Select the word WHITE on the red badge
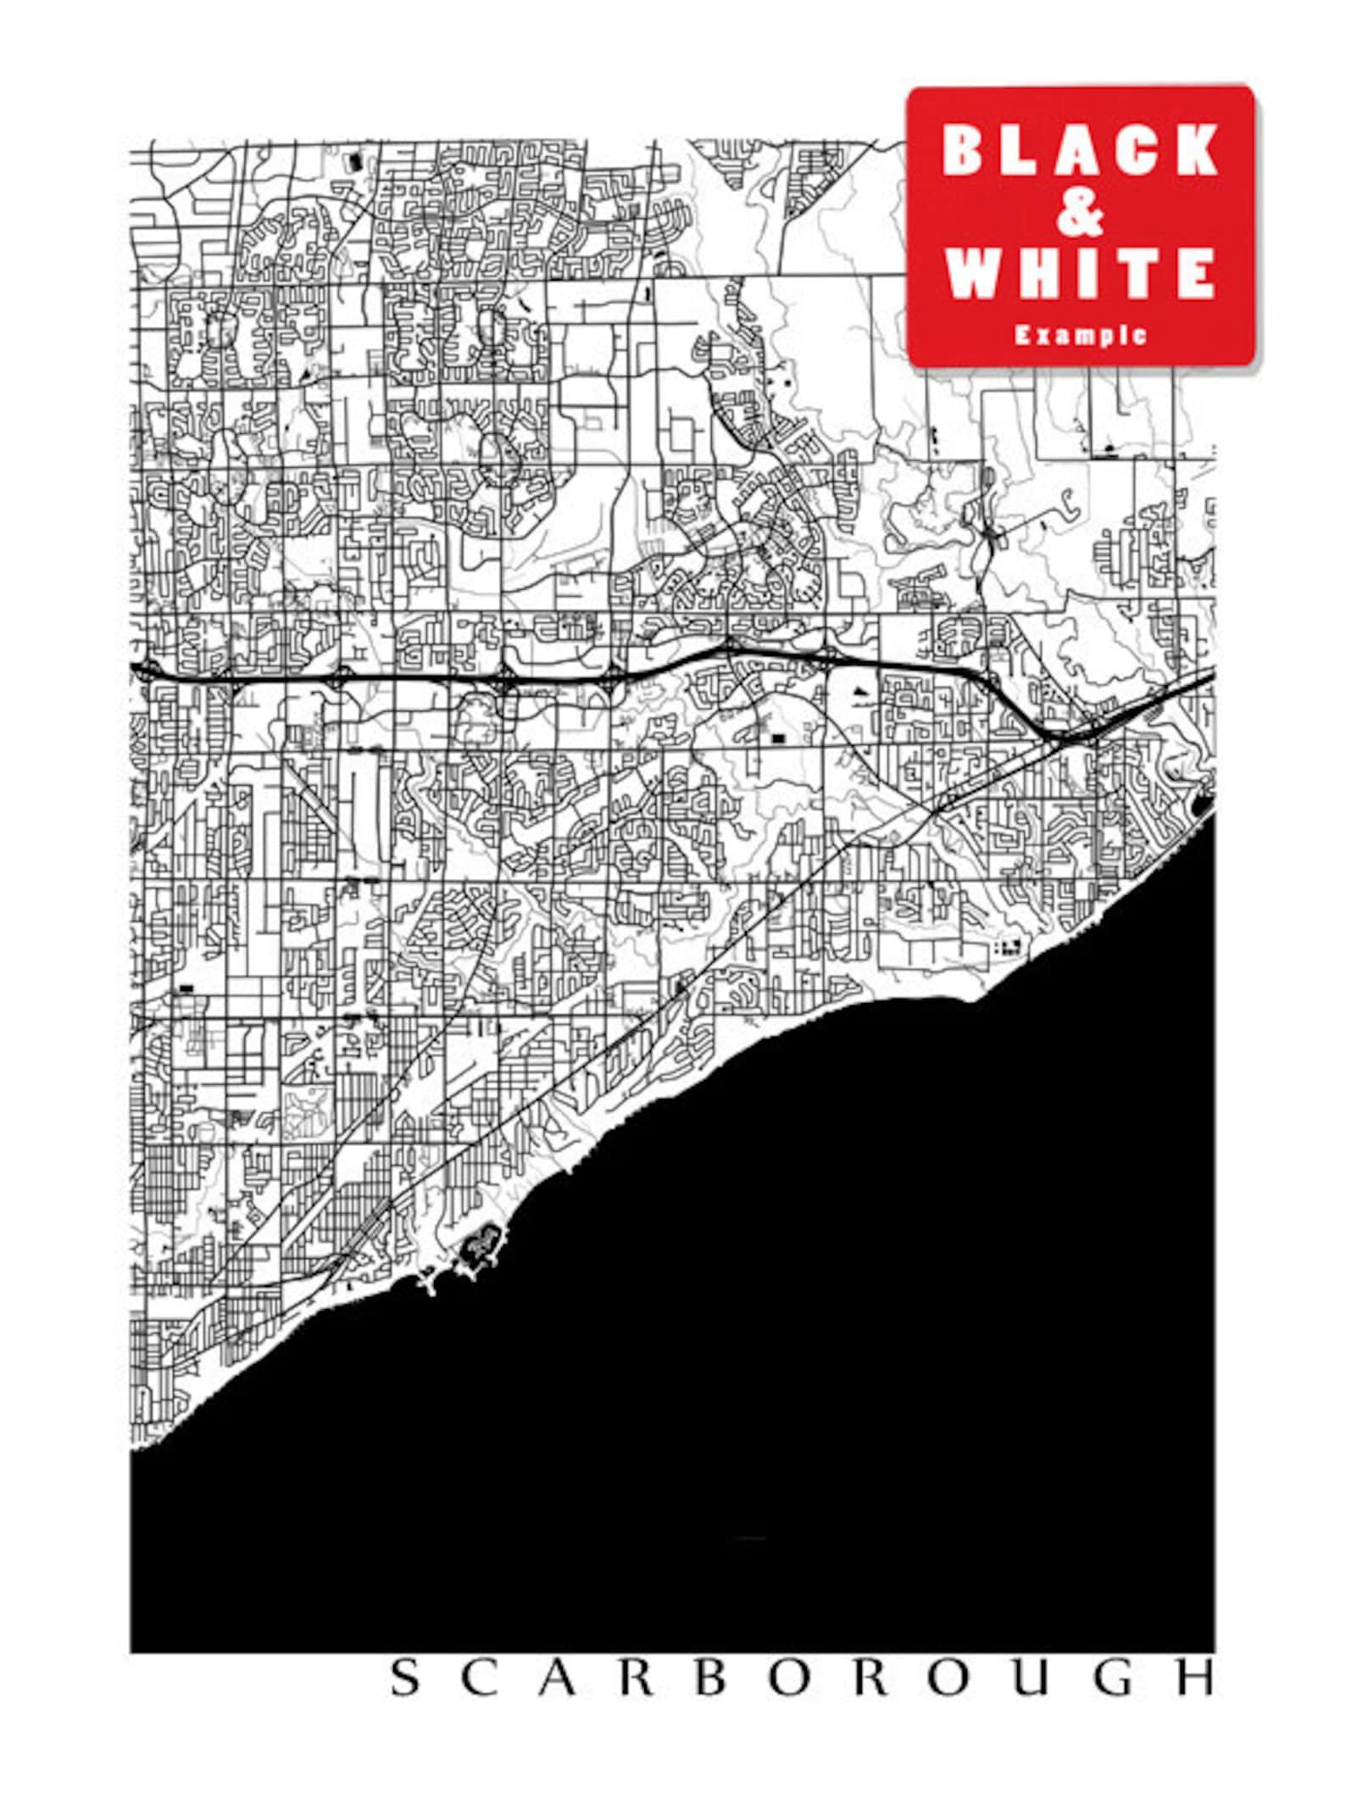point(1080,273)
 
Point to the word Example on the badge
point(1081,335)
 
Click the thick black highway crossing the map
point(424,680)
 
